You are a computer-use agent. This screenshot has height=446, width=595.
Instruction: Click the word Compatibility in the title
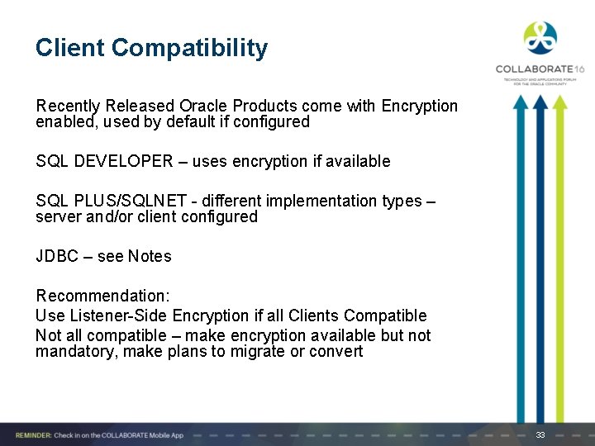(189, 48)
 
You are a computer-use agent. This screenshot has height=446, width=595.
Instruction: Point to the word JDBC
(56, 256)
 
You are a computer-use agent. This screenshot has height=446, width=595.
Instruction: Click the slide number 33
(540, 434)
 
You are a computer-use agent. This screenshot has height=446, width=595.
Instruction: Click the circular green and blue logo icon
(540, 37)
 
